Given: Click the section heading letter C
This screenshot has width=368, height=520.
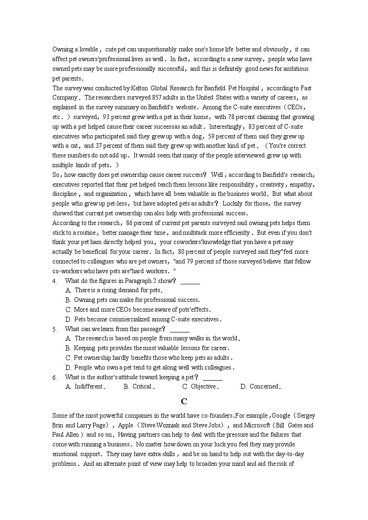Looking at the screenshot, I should tap(184, 401).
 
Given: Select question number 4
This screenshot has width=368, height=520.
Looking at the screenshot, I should tap(55, 281).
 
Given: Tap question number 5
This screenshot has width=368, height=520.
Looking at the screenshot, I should tap(55, 329).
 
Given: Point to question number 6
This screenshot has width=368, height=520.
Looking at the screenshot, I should tap(55, 377).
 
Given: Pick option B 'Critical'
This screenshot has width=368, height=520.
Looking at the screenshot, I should tap(139, 387).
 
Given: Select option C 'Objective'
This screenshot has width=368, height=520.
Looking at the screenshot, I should tap(200, 387).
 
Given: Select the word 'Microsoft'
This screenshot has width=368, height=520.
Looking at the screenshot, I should tap(257, 425).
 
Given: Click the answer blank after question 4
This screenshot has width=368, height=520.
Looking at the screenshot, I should tap(190, 281).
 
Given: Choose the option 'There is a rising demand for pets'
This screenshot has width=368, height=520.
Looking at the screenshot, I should tap(118, 290).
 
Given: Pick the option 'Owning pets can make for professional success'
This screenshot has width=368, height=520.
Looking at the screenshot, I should tap(137, 300).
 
